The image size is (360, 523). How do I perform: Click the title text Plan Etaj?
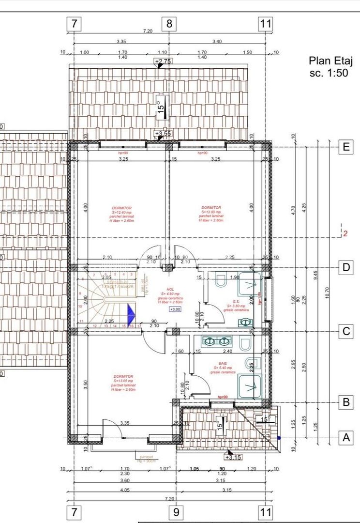coord(331,61)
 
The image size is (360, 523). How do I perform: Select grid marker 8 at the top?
coord(169,23)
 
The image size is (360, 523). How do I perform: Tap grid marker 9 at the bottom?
coord(176,511)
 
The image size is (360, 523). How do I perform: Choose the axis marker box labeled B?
coord(345,402)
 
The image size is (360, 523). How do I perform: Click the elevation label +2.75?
coord(163,62)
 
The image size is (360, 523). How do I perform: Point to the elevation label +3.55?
coord(163,134)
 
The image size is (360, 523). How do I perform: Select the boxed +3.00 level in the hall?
coord(175,309)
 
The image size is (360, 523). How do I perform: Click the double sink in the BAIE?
coord(217,341)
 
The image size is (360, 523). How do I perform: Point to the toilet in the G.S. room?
coord(222,280)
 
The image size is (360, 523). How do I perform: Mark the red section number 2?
coord(345,234)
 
